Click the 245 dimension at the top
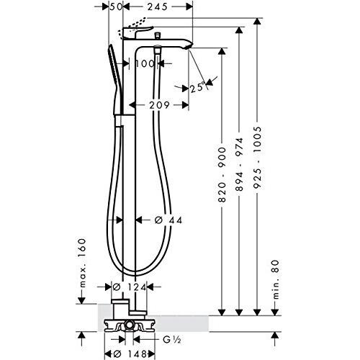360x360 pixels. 157,6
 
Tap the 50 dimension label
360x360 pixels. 116,6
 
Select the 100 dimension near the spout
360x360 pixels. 145,64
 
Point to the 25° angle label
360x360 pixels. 198,88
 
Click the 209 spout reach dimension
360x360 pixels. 159,105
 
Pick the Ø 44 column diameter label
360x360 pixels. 168,220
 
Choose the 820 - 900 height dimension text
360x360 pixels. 222,175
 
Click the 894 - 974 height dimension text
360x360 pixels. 239,165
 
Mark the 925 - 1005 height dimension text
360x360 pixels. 257,160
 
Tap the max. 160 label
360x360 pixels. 83,263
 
